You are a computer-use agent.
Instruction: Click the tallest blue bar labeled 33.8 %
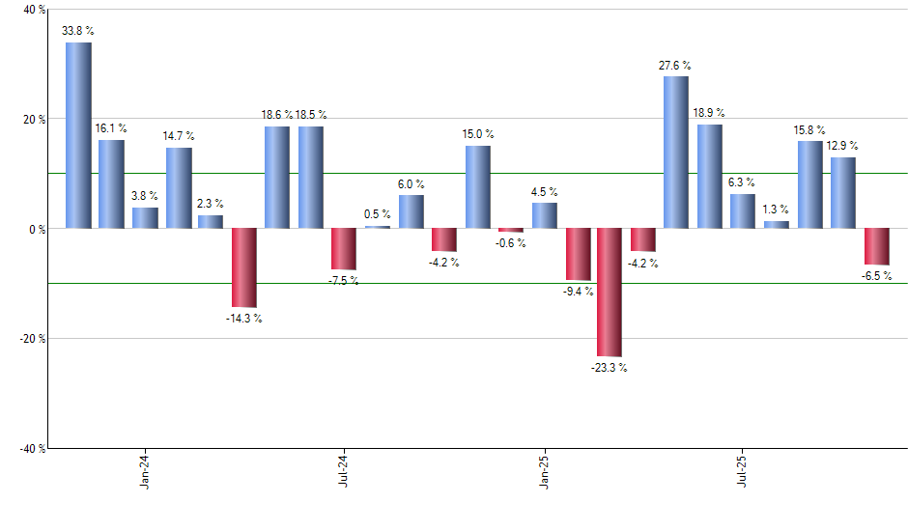78,135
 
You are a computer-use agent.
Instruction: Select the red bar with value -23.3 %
610,293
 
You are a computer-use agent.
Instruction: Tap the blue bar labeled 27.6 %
676,153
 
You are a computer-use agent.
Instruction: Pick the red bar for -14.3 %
243,267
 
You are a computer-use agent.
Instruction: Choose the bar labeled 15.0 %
477,187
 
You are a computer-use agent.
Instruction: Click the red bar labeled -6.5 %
876,246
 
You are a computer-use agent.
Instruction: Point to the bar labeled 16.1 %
111,184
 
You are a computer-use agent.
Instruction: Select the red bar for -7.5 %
344,249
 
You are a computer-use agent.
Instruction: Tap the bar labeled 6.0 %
411,211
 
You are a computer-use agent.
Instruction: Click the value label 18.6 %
277,115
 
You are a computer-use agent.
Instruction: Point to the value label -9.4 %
579,291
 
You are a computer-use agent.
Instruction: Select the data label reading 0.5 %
378,214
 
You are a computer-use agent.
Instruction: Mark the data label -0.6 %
511,243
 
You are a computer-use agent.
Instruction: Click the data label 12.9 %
842,146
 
